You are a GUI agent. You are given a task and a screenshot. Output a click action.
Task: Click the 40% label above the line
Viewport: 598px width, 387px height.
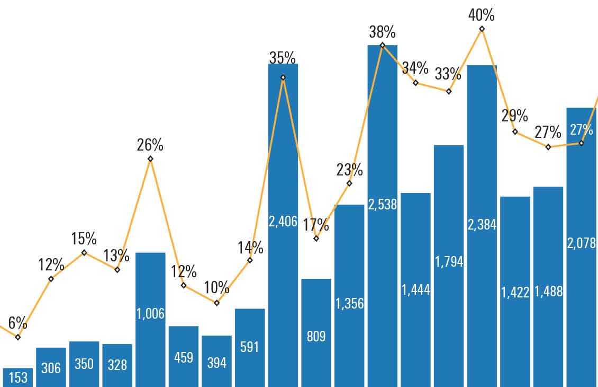(482, 15)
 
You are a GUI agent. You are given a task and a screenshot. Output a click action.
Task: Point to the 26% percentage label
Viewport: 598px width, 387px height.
(150, 145)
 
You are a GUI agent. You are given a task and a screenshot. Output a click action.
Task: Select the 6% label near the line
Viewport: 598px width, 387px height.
(17, 322)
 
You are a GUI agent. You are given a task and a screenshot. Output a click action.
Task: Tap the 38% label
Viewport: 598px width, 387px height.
(383, 32)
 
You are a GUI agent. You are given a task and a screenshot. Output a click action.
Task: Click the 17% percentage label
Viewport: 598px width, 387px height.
(316, 225)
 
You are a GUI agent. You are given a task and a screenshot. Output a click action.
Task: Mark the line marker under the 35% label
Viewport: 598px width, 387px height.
(283, 77)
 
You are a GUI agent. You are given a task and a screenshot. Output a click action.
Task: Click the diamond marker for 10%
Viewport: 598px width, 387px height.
(216, 303)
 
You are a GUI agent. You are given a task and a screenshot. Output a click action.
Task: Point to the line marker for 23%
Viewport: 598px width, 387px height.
(349, 183)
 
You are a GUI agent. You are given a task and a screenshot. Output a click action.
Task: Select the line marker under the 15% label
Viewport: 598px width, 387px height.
(84, 252)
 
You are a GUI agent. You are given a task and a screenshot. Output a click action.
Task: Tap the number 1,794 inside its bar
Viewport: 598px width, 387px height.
(449, 261)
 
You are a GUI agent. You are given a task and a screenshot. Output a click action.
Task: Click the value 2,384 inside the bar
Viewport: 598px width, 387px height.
(482, 224)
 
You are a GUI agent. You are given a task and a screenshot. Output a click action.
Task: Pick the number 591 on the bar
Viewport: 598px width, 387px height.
(250, 347)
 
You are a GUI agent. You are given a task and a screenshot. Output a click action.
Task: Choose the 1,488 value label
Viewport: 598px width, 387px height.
(548, 291)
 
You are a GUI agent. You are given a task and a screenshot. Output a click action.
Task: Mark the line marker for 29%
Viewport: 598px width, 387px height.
(515, 131)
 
